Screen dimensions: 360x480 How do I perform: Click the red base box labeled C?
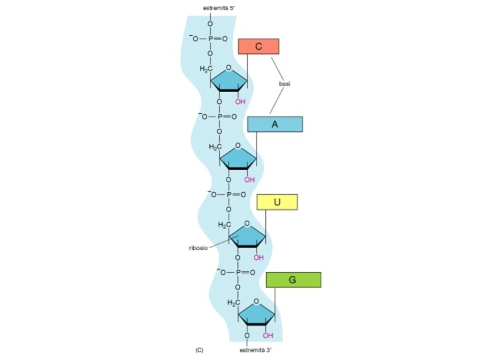[259, 46]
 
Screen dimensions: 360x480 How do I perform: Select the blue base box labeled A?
[275, 124]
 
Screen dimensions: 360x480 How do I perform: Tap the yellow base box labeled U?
[277, 202]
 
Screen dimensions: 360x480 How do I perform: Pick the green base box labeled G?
[293, 279]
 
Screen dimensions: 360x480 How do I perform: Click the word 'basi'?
[285, 84]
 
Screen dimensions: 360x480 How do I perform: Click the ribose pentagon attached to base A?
[239, 157]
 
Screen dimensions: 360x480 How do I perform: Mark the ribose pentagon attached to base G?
[257, 313]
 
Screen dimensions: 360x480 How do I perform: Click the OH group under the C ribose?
[240, 102]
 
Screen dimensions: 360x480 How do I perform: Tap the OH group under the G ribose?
[268, 335]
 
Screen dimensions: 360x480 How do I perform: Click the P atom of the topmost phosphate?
[210, 39]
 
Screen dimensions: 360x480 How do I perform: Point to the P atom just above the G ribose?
[238, 272]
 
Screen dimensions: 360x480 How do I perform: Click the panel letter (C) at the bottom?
[199, 349]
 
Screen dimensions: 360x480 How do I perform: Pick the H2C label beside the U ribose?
[224, 225]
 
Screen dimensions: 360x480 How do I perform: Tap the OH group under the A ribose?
[249, 179]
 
